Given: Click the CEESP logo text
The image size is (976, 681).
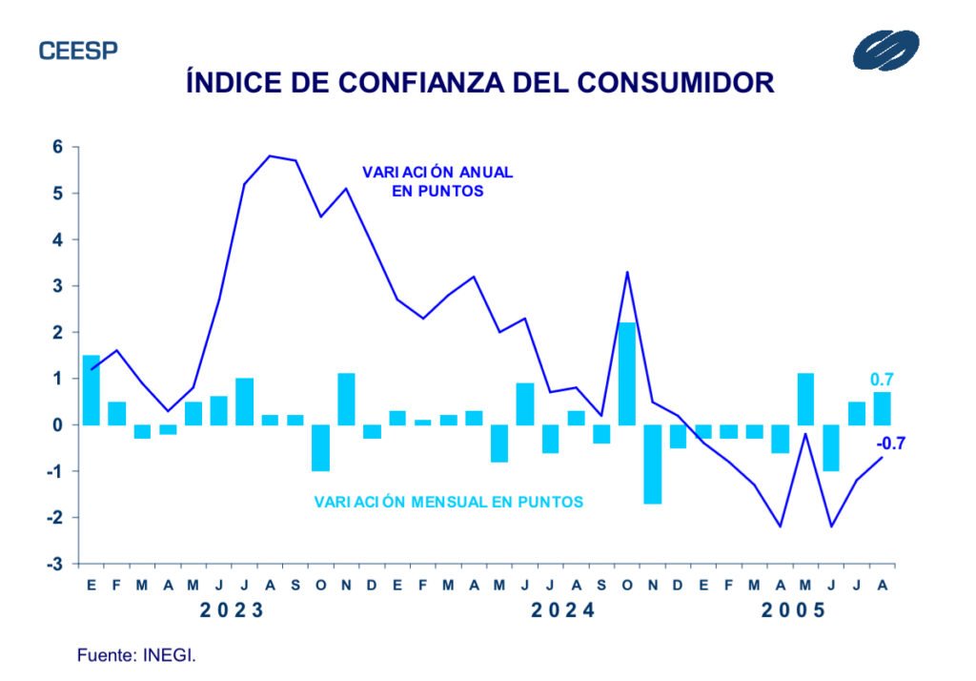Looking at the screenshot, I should [x=78, y=51].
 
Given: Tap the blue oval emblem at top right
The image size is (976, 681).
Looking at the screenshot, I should [x=886, y=50].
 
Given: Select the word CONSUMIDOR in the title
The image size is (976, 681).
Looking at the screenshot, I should [x=677, y=83].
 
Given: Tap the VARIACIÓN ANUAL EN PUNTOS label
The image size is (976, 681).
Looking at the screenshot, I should [x=437, y=181].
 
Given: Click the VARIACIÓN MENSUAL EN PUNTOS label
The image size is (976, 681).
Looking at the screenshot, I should [x=448, y=500].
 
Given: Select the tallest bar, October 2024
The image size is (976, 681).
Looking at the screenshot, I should [x=627, y=374].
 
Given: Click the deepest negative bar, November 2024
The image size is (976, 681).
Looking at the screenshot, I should [x=653, y=464].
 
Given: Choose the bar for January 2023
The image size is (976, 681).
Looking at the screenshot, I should [x=91, y=390].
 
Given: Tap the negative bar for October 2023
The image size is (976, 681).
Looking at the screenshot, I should [x=320, y=448].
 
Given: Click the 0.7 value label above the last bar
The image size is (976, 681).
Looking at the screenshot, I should [x=882, y=380].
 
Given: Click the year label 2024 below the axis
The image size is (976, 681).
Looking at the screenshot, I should [x=562, y=610].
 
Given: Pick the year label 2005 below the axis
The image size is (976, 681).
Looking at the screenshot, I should [x=793, y=610].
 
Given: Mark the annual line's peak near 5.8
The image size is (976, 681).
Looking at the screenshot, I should [x=270, y=155].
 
